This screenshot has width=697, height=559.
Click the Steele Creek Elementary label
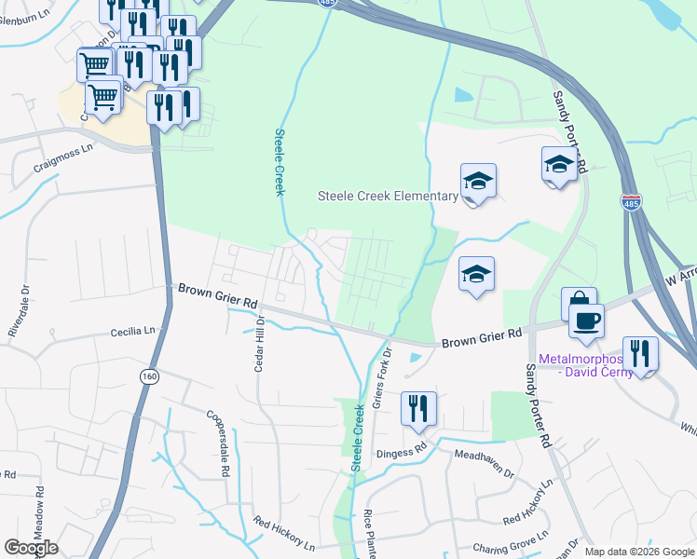pyautogui.click(x=388, y=196)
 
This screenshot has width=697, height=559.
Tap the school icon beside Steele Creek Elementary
pyautogui.click(x=478, y=181)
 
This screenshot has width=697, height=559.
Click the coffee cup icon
pyautogui.click(x=586, y=321)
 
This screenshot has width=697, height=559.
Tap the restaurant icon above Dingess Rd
pyautogui.click(x=418, y=408)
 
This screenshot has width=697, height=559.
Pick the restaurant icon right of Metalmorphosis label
pyautogui.click(x=640, y=354)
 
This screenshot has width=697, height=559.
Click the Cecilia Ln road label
pyautogui.click(x=133, y=331)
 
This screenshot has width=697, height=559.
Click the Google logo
pyautogui.click(x=31, y=548)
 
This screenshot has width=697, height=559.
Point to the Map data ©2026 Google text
pyautogui.click(x=639, y=552)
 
